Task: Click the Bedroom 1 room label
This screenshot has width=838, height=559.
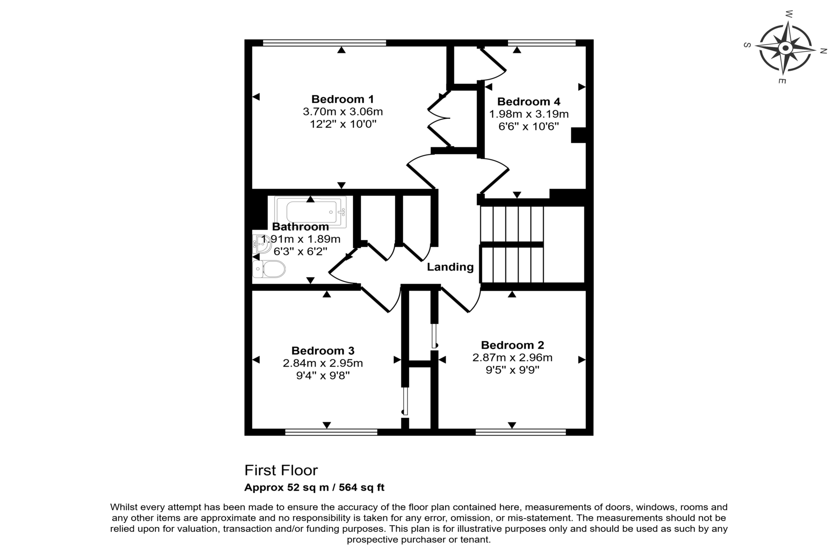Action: pyautogui.click(x=343, y=99)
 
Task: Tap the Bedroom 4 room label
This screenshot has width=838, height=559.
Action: pyautogui.click(x=529, y=102)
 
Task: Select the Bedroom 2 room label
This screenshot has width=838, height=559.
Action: pyautogui.click(x=513, y=345)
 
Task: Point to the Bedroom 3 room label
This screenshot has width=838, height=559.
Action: pyautogui.click(x=323, y=350)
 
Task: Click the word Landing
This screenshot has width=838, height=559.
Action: pyautogui.click(x=450, y=267)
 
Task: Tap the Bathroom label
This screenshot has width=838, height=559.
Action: pyautogui.click(x=300, y=227)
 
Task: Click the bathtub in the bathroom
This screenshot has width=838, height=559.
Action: pyautogui.click(x=311, y=212)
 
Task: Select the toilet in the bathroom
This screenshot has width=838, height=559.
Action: pyautogui.click(x=269, y=269)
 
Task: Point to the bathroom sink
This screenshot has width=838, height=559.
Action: pyautogui.click(x=261, y=244)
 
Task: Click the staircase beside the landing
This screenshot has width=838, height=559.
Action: pyautogui.click(x=512, y=245)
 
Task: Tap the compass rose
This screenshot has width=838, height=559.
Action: pyautogui.click(x=785, y=48)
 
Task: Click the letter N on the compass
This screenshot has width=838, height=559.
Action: pyautogui.click(x=823, y=51)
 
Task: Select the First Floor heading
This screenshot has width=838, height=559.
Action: pyautogui.click(x=281, y=470)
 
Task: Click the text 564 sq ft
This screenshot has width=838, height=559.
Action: pyautogui.click(x=362, y=488)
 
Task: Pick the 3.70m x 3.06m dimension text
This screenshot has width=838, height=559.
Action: pyautogui.click(x=343, y=112)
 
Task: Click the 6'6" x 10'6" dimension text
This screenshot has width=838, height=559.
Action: pyautogui.click(x=528, y=126)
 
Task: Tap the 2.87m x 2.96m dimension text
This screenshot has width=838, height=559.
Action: pyautogui.click(x=513, y=358)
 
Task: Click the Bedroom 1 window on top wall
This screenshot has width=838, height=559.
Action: pyautogui.click(x=324, y=43)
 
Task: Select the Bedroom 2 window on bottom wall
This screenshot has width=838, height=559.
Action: pyautogui.click(x=520, y=432)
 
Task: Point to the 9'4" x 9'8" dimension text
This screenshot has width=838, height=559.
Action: pyautogui.click(x=323, y=375)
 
